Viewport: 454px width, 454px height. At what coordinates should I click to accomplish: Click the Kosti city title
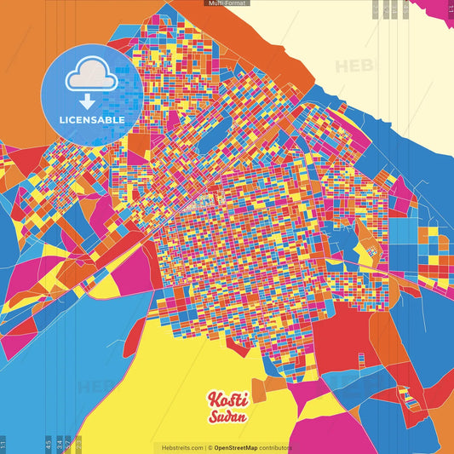[227, 399]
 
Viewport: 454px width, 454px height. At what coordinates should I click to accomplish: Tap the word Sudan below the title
[227, 417]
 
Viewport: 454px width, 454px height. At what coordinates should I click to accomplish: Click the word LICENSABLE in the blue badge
[92, 120]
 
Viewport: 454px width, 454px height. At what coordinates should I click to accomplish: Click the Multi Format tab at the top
[227, 3]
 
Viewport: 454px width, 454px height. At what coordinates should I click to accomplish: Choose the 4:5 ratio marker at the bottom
[49, 444]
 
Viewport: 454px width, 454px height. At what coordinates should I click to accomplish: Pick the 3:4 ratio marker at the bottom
[60, 444]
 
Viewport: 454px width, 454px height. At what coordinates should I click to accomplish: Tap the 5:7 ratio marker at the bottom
[68, 444]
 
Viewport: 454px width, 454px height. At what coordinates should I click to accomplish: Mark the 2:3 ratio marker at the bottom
[78, 444]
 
